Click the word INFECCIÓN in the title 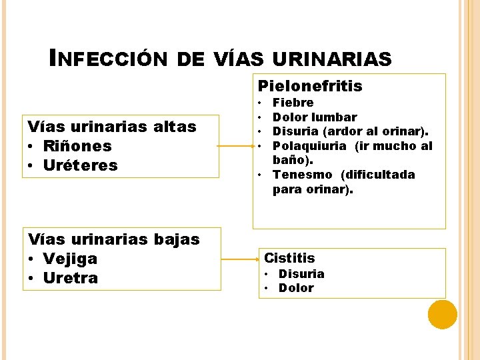(x=111, y=59)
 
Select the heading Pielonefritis (x=310, y=86)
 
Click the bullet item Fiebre (x=293, y=103)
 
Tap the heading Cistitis (x=289, y=258)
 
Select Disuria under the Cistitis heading (x=301, y=274)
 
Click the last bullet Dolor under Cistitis (x=296, y=288)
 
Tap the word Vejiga (x=70, y=259)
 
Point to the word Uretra (x=70, y=277)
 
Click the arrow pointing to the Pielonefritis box (x=236, y=146)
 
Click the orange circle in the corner (x=442, y=315)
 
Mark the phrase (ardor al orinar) (x=384, y=131)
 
